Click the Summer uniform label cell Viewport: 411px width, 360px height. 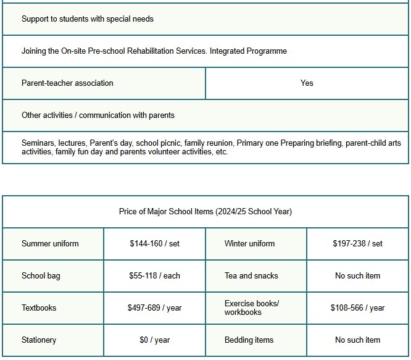(50, 244)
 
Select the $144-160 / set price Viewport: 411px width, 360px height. (154, 244)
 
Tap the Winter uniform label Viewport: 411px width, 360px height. (249, 244)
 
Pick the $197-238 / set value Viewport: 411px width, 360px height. (357, 244)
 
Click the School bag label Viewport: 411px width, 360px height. (41, 276)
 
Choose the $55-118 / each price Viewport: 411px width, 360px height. (154, 276)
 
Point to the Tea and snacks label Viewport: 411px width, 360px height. (251, 276)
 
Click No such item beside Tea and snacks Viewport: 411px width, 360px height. (357, 276)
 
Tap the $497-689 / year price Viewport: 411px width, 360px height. (154, 308)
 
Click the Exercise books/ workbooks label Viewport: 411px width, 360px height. (252, 308)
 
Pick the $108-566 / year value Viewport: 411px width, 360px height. (357, 308)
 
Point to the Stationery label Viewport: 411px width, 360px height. (39, 340)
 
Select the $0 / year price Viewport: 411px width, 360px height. (154, 340)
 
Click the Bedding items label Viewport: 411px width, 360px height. (249, 340)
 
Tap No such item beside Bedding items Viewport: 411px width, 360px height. (357, 340)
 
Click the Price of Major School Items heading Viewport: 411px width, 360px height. (205, 212)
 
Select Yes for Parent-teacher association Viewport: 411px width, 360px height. (307, 83)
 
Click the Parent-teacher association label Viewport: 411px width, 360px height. (67, 83)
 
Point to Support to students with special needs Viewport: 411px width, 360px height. (88, 19)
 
